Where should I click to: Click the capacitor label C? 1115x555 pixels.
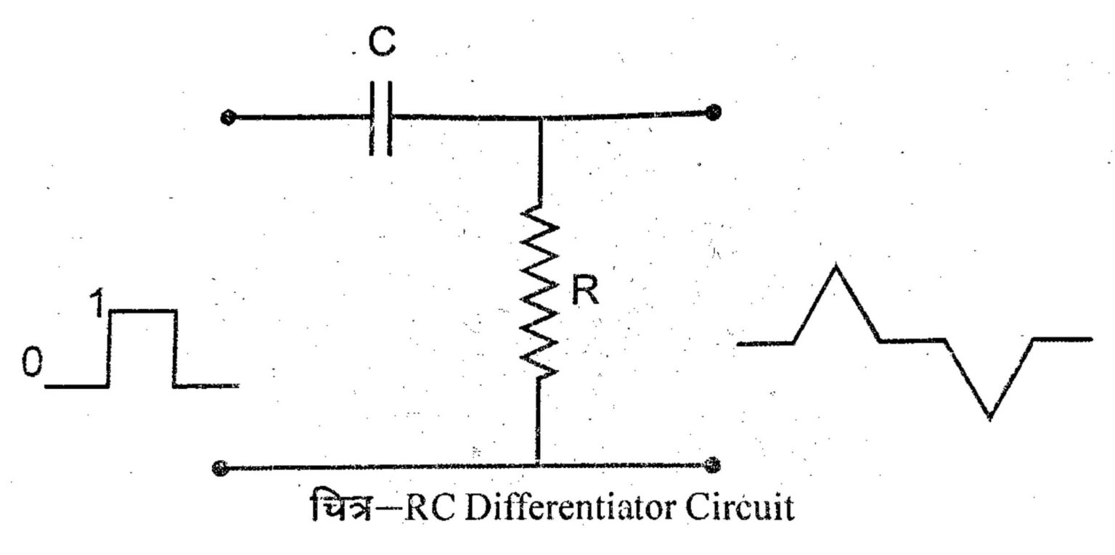point(380,44)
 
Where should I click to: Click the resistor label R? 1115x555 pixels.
point(584,292)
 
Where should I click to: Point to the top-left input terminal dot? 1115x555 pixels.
point(228,118)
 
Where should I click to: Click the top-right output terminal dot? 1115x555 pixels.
point(714,112)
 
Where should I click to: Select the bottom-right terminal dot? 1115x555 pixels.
point(714,464)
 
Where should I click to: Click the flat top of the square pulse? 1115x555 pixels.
point(142,311)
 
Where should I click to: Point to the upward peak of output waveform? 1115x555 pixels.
point(836,267)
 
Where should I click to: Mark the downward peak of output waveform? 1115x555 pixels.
point(989,416)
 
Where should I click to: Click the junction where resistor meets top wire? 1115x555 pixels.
point(538,117)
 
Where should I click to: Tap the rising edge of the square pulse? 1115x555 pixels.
point(109,348)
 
